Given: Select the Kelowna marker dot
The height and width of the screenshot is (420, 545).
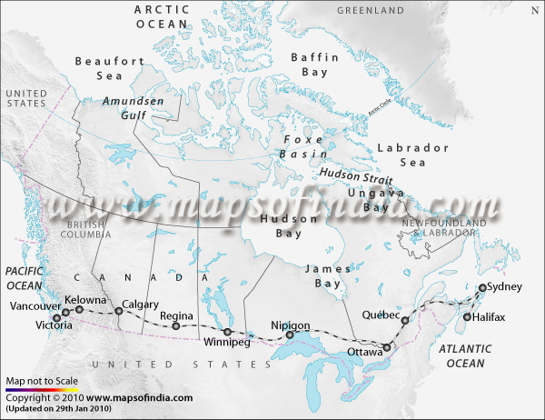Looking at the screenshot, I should click(x=79, y=309).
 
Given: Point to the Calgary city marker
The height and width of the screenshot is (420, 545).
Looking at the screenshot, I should click(x=119, y=312).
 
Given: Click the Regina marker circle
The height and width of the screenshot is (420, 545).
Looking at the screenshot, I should click(x=176, y=325).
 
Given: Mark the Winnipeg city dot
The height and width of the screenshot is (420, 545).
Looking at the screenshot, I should click(x=227, y=332).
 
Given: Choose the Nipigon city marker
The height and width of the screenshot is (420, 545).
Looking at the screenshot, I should click(x=291, y=335).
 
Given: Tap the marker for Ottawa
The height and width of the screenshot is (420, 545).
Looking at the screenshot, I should click(x=388, y=346).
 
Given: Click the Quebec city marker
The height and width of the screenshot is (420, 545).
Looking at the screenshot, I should click(x=405, y=321).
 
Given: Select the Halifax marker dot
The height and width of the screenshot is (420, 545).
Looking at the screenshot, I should click(x=467, y=317).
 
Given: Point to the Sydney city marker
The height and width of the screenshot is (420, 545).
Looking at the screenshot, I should click(x=482, y=288).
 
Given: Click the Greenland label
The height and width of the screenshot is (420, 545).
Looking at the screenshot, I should click(x=370, y=10).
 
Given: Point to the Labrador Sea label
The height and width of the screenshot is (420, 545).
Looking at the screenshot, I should click(x=413, y=155).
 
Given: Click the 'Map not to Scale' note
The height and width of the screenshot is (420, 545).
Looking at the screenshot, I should click(x=42, y=381).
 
